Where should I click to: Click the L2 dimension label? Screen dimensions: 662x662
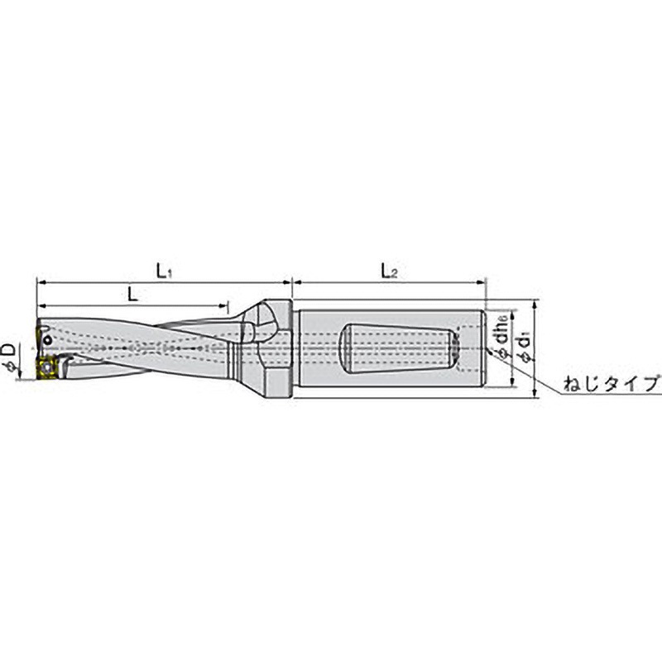(388, 271)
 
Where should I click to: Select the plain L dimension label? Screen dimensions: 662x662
(132, 293)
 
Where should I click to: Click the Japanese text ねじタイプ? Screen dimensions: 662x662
(610, 384)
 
